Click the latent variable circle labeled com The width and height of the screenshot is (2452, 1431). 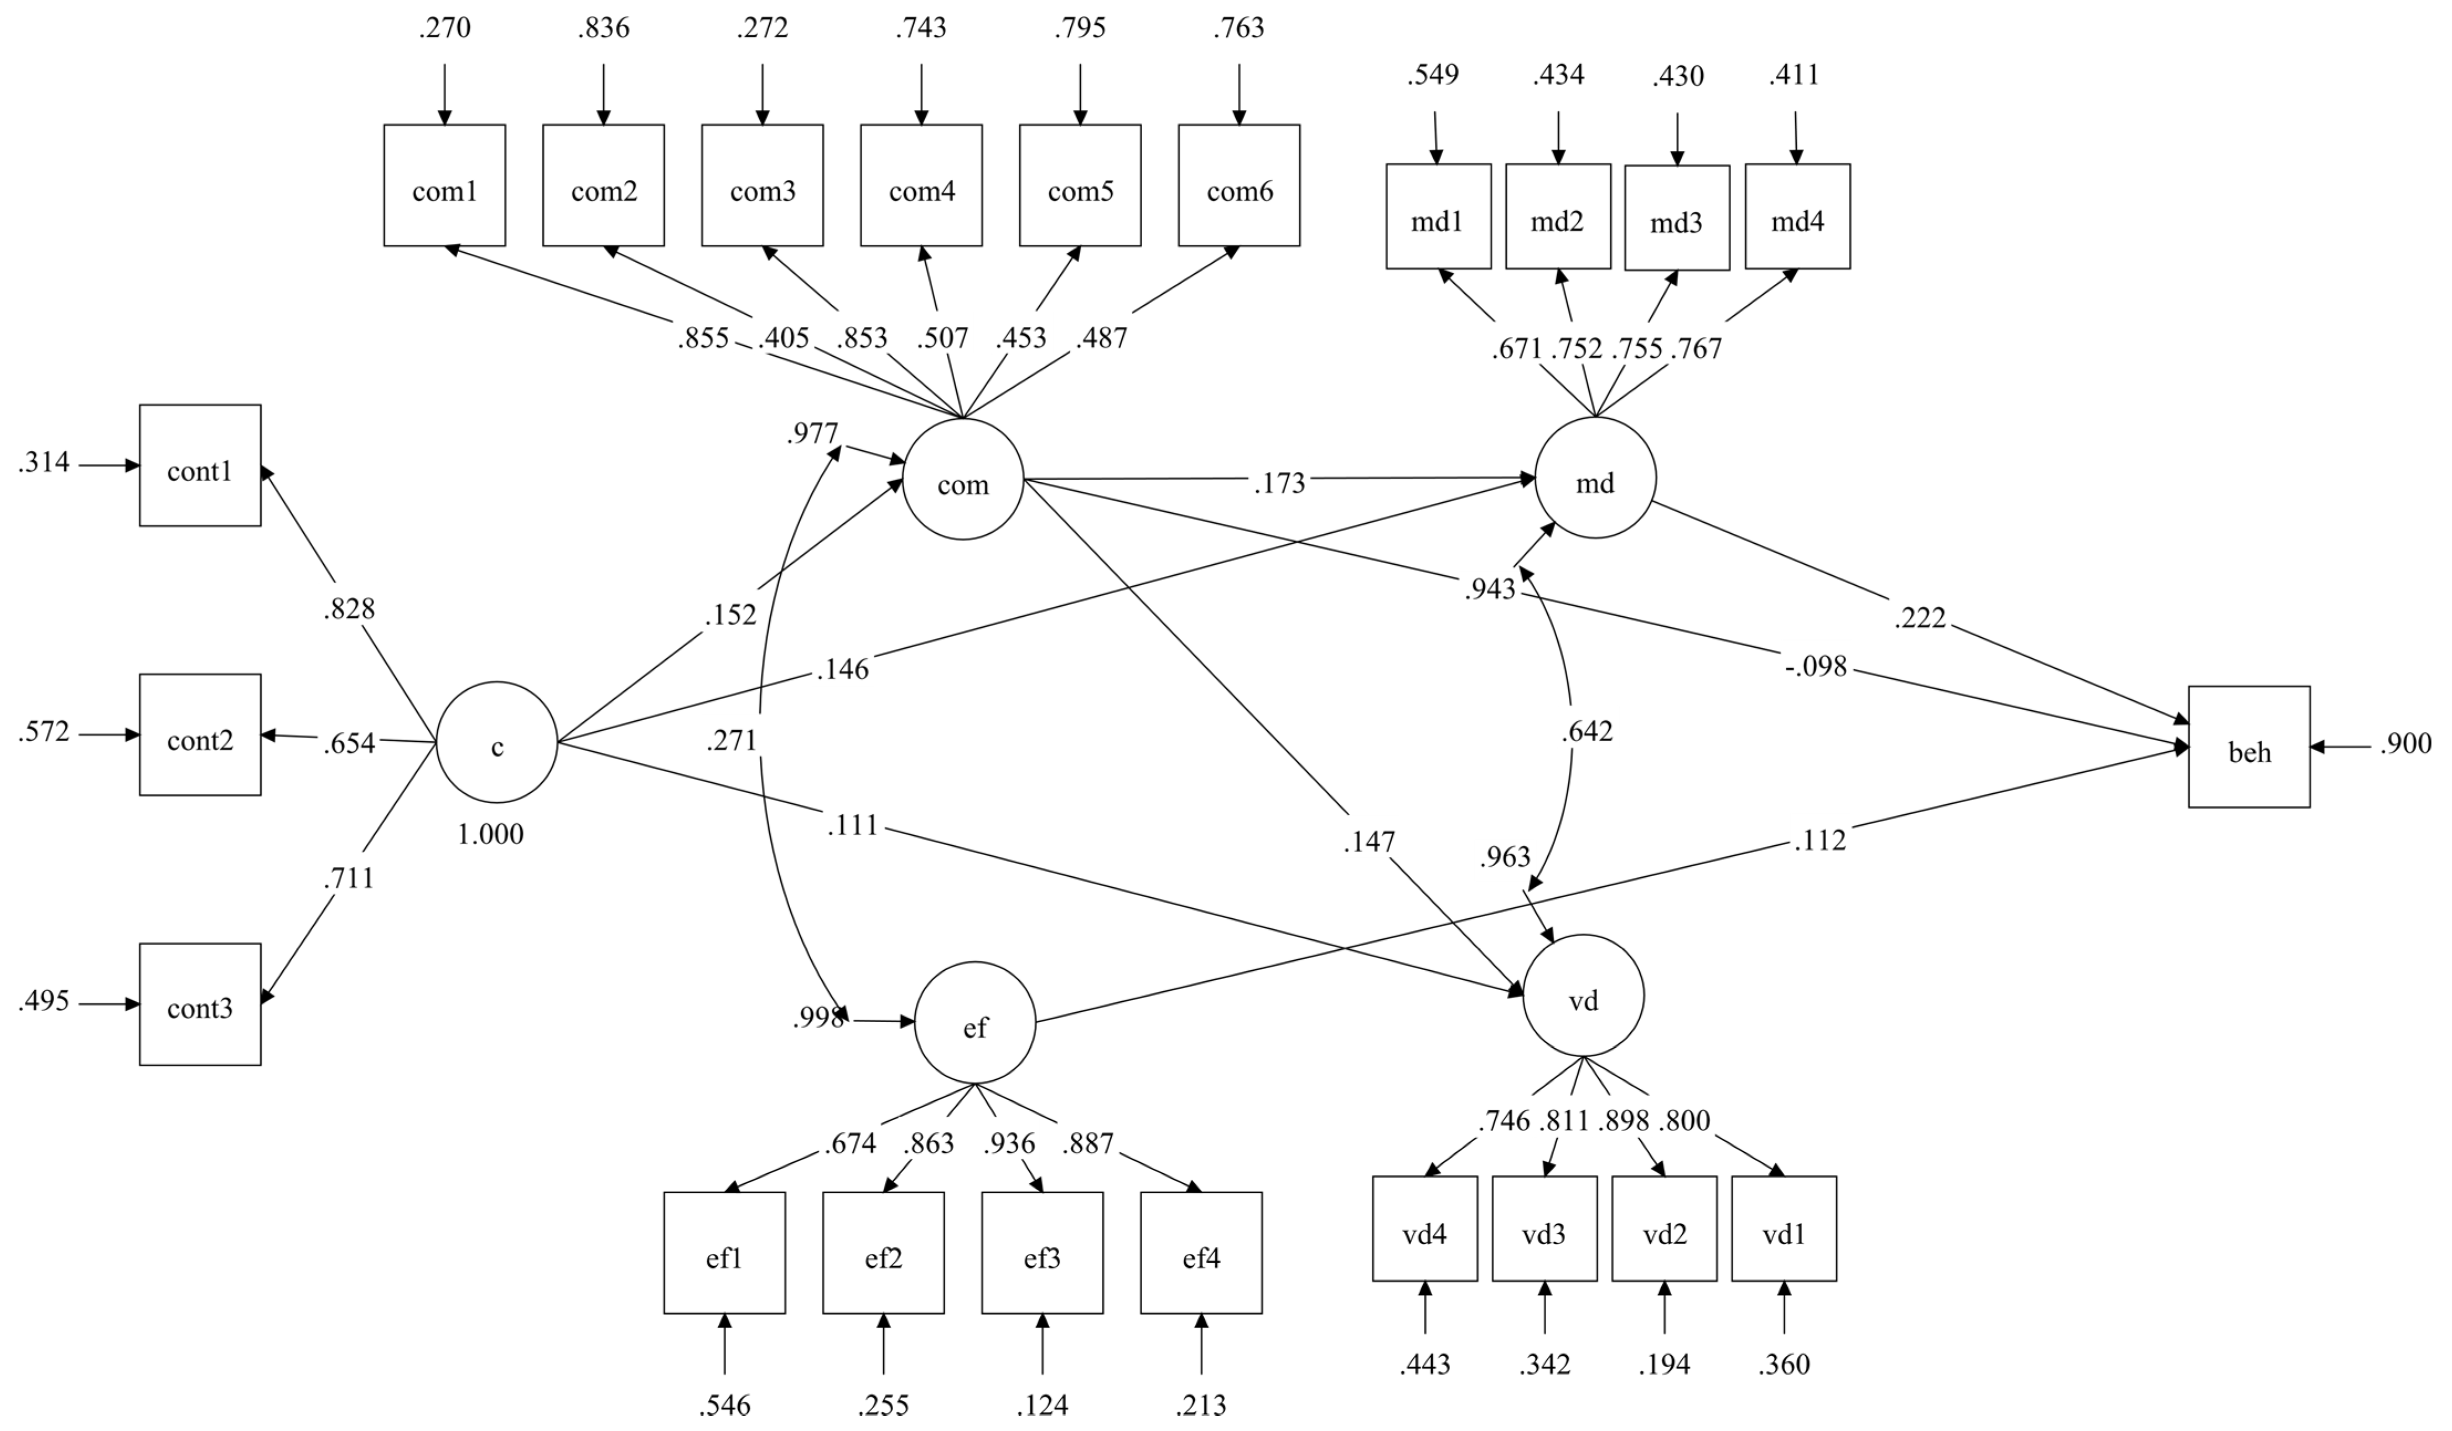[x=962, y=480]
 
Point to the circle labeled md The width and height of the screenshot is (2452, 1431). [x=1595, y=478]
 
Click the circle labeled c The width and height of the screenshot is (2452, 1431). [x=496, y=743]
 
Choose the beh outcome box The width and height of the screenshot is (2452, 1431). [x=2249, y=747]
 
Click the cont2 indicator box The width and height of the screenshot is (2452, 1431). [x=200, y=736]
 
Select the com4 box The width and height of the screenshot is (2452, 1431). [x=921, y=186]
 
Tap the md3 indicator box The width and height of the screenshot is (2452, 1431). [x=1677, y=218]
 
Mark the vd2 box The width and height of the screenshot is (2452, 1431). [x=1664, y=1229]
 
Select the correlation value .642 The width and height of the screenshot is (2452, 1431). [x=1587, y=732]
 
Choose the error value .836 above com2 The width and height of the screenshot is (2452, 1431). [x=603, y=28]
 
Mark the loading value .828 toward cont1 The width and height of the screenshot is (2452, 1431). [x=348, y=609]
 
